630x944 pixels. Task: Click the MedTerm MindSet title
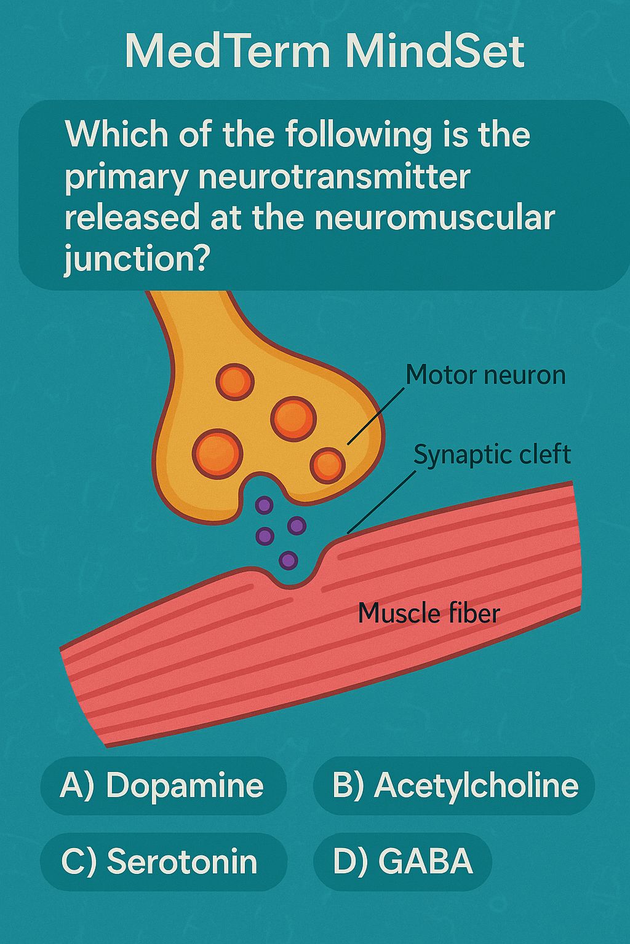(x=324, y=52)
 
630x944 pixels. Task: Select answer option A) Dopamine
(x=164, y=785)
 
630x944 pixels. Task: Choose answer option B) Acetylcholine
(x=453, y=785)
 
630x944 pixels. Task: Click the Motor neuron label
(x=485, y=375)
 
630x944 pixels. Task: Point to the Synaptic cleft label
(x=492, y=455)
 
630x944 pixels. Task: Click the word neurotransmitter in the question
(x=334, y=177)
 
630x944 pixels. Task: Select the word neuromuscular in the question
(x=434, y=218)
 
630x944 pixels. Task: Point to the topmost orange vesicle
(x=235, y=382)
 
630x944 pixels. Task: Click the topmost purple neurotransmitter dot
(x=265, y=505)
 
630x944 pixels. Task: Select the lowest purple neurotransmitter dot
(x=289, y=560)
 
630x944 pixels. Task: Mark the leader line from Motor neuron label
(x=375, y=416)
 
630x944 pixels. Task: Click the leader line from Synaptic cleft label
(x=381, y=502)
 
